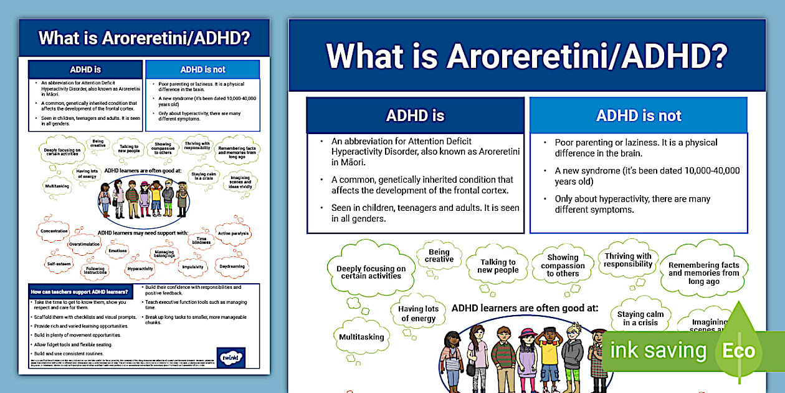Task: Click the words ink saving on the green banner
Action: coord(658,351)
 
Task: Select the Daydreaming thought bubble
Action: coord(232,266)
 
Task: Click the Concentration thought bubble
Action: coord(54,231)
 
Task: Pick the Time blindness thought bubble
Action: coord(201,240)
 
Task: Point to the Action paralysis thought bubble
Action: coord(233,233)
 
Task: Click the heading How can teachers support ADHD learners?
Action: coord(80,291)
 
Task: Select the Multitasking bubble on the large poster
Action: coord(361,337)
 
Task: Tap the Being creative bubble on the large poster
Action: coord(439,256)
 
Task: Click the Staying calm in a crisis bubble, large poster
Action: coord(640,318)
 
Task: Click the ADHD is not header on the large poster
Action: coord(639,115)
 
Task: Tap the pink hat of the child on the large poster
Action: coord(526,332)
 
